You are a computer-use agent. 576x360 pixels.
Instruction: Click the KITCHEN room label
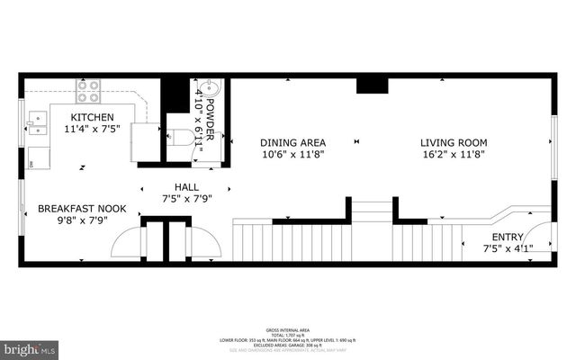[x=93, y=118]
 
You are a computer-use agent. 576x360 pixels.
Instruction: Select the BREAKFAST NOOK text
[x=82, y=209]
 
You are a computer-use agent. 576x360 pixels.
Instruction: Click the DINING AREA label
[x=292, y=142]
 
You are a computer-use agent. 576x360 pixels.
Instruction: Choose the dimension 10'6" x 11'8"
[x=292, y=154]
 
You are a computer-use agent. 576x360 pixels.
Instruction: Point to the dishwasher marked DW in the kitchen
[x=32, y=163]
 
